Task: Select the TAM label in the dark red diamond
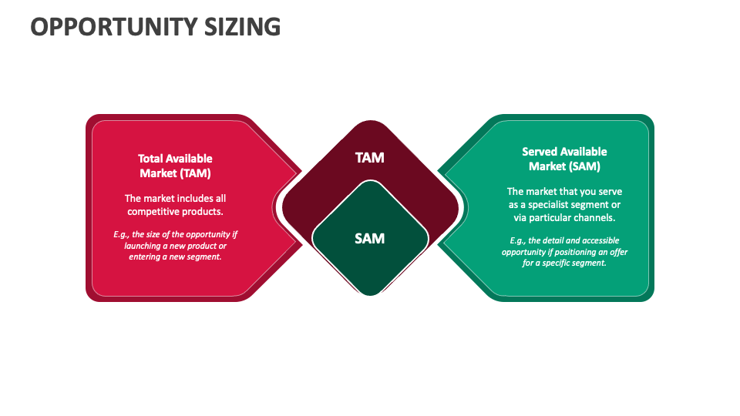[x=369, y=158]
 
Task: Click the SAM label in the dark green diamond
[x=369, y=238]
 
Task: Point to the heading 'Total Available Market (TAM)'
[x=175, y=166]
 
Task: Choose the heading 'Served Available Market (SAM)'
[x=564, y=159]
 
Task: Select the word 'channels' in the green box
[x=595, y=217]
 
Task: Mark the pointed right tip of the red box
[x=301, y=207]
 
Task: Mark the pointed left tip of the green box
[x=439, y=207]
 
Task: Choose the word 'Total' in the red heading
[x=152, y=159]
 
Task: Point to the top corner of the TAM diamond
[x=370, y=122]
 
